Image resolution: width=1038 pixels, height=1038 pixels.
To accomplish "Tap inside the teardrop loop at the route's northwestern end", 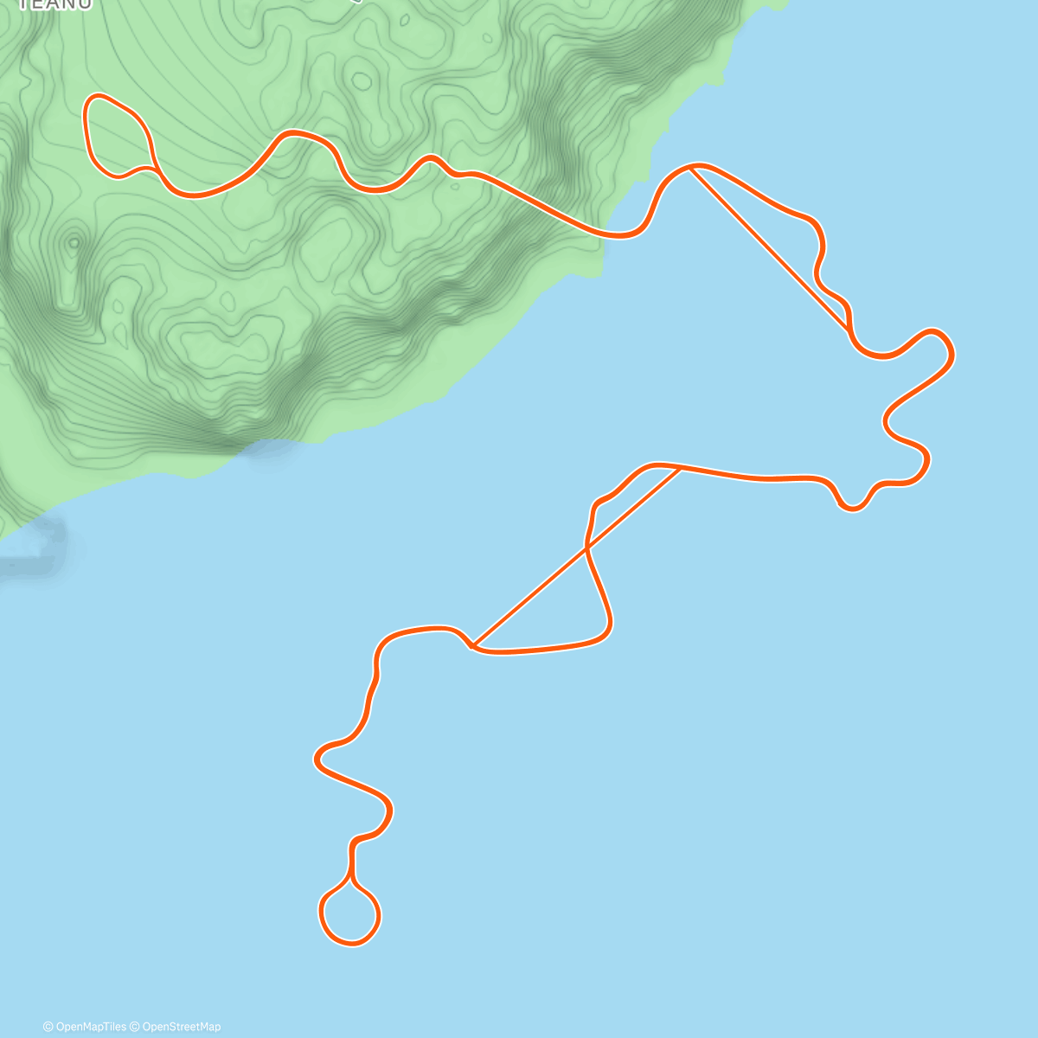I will tap(115, 136).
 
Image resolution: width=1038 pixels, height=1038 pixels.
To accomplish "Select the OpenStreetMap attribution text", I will tap(181, 1027).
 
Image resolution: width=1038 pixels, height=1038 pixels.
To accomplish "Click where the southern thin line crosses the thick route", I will tap(588, 547).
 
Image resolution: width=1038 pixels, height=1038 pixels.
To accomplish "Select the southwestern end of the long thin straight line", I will tap(474, 645).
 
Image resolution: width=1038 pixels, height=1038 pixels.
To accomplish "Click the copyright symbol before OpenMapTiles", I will tap(48, 1027).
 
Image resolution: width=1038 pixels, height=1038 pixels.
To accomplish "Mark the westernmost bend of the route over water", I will tap(317, 759).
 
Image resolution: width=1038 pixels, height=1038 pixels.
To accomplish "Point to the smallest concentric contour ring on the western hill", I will tap(74, 243).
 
